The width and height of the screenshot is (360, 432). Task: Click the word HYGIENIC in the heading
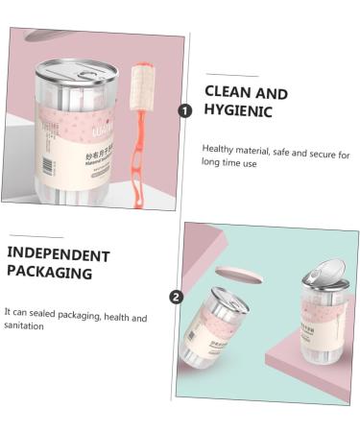point(238,111)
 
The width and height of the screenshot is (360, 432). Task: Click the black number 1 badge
point(185,110)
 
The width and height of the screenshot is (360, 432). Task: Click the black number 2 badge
point(176,297)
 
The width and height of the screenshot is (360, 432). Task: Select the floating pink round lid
point(239,275)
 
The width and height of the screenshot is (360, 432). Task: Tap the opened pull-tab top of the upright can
point(323,273)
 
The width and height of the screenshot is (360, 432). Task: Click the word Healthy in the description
point(217,150)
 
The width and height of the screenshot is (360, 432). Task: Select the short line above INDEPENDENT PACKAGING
point(36,236)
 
